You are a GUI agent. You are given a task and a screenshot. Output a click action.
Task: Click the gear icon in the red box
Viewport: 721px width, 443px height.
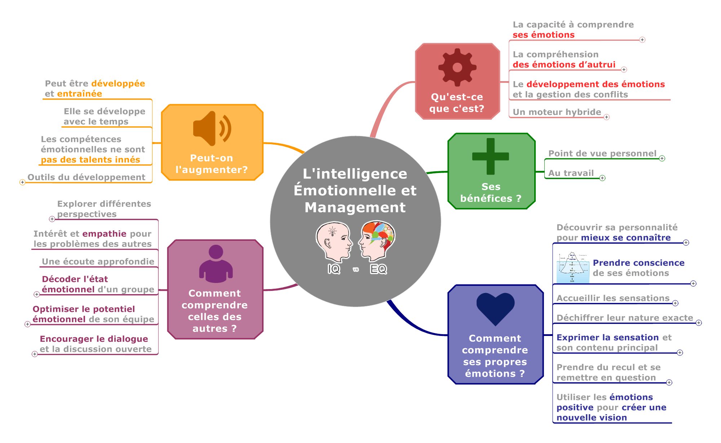(x=457, y=67)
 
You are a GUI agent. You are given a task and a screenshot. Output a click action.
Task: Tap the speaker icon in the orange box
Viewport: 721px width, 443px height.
(x=212, y=128)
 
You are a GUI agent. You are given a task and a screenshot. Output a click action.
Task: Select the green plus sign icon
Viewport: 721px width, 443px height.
(x=490, y=156)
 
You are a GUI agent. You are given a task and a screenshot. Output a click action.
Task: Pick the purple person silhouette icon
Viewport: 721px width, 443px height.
(x=216, y=264)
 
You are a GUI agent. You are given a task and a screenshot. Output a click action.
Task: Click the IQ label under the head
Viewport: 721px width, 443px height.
(x=334, y=269)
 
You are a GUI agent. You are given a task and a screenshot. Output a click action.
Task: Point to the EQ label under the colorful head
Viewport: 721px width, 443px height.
(x=378, y=269)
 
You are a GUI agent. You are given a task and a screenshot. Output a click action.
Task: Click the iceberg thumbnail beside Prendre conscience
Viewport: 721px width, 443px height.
(x=573, y=267)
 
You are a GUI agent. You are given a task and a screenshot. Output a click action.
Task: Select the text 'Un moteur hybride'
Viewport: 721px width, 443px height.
(x=557, y=112)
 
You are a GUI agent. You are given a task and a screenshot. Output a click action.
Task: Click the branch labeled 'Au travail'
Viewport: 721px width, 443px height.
(x=571, y=173)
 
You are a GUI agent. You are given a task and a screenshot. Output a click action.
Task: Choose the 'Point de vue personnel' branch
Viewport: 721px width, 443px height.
(x=602, y=154)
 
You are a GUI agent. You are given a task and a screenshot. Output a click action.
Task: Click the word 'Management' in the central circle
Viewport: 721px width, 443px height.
(x=355, y=208)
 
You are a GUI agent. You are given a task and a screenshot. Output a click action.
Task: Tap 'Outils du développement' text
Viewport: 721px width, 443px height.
(x=87, y=177)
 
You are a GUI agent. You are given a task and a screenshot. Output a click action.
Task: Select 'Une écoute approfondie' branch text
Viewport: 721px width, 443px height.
(x=98, y=262)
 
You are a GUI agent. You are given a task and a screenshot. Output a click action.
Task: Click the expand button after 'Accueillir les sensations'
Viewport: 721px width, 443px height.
(x=675, y=303)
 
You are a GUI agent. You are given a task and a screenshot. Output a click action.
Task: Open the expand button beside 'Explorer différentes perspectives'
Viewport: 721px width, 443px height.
(x=52, y=219)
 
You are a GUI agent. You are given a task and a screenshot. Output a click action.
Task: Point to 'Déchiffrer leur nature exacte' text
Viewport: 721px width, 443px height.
(x=624, y=318)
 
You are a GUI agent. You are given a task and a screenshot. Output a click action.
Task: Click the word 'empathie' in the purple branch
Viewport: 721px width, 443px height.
(x=104, y=234)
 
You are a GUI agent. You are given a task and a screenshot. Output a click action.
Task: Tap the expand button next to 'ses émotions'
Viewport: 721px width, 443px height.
(x=642, y=40)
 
